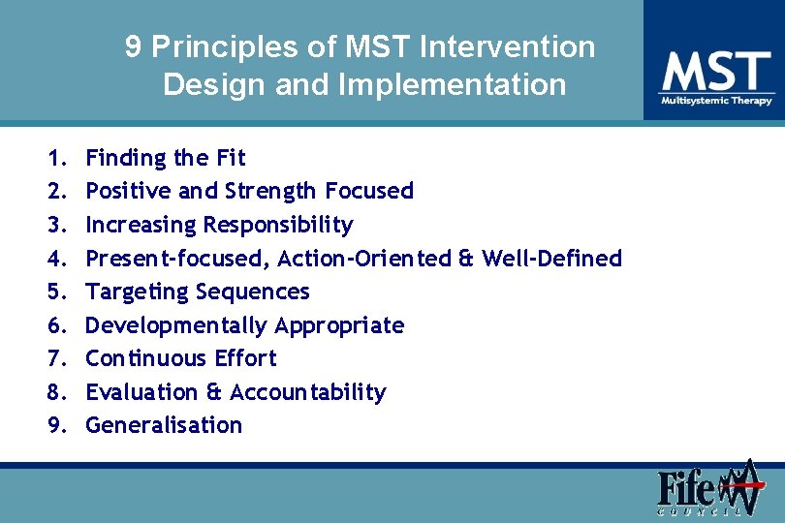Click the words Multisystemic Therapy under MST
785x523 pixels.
(x=716, y=101)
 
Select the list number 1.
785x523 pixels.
(x=55, y=158)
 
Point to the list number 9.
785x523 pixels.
(x=55, y=425)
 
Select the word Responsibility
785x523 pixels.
(x=278, y=225)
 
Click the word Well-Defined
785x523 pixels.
(x=551, y=259)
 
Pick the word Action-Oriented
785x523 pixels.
(x=364, y=259)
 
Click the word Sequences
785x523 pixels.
(x=253, y=292)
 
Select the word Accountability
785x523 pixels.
(x=308, y=392)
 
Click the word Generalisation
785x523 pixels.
(x=164, y=425)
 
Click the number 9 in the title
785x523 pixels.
(x=134, y=47)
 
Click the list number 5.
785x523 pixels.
(x=55, y=292)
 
